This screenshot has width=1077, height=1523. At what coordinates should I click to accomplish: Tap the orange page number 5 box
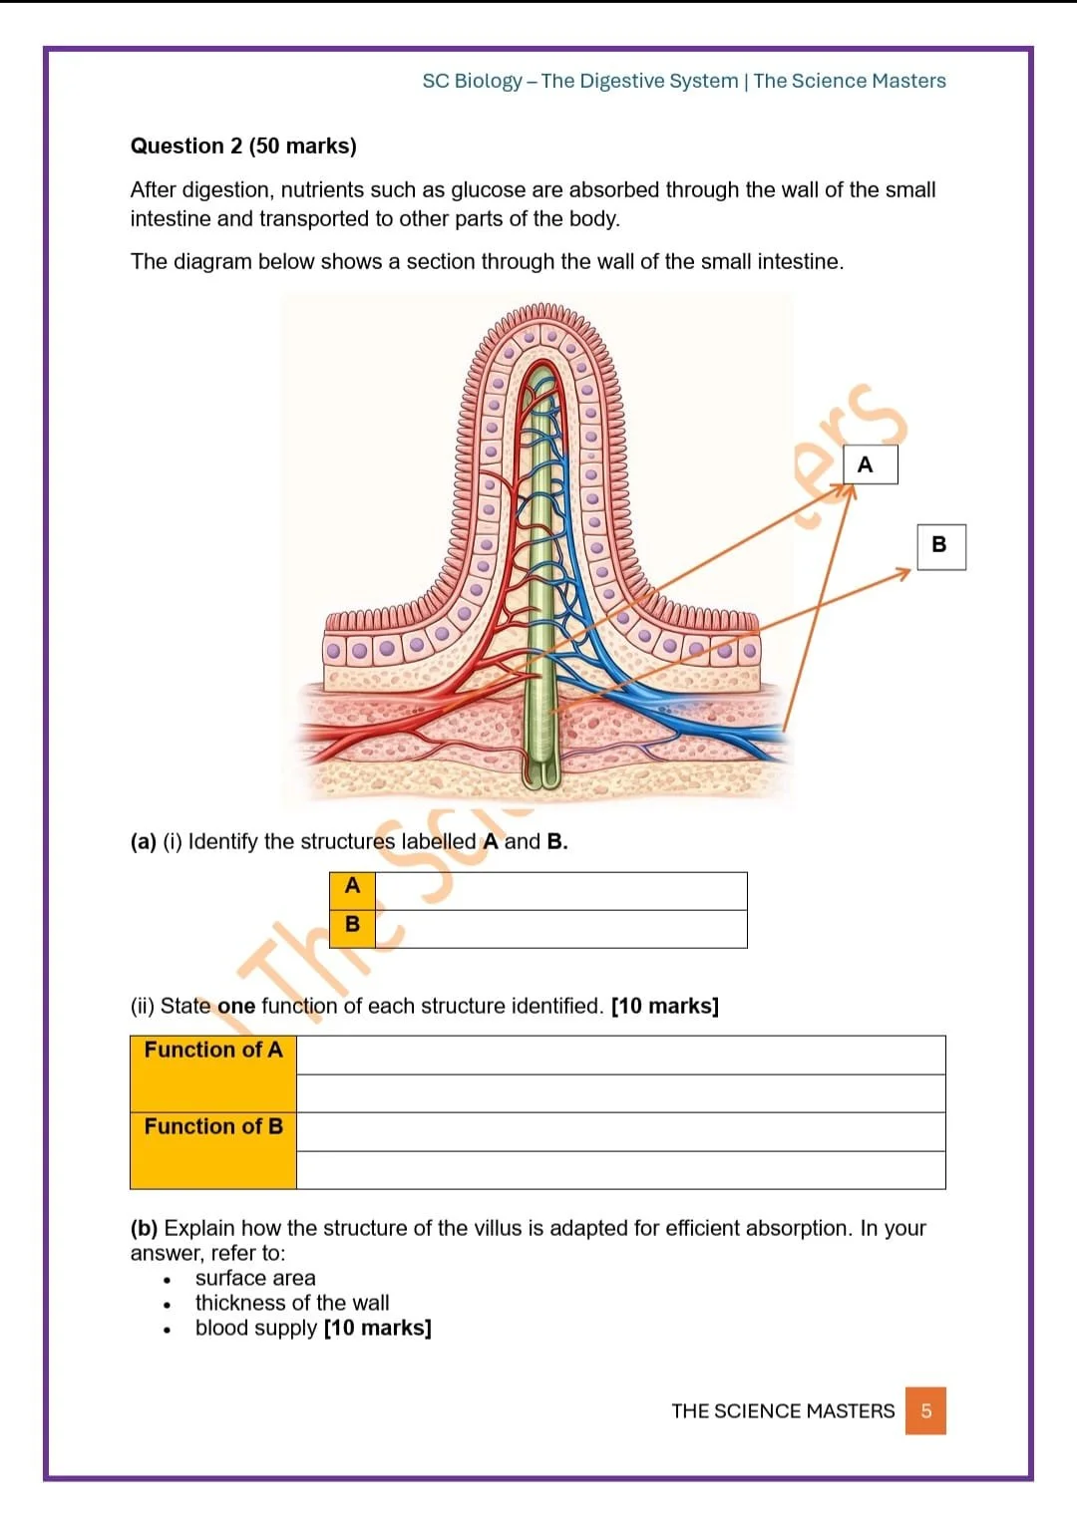click(925, 1410)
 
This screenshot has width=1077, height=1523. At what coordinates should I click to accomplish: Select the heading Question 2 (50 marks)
click(243, 146)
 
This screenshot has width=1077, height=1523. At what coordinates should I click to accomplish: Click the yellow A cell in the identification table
click(352, 887)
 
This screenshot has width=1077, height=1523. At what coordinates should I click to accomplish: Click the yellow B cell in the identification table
click(352, 926)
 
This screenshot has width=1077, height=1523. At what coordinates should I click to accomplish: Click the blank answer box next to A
click(560, 890)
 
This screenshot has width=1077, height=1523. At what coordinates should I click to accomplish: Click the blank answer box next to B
click(560, 928)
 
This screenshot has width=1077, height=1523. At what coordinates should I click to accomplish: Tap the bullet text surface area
click(255, 1278)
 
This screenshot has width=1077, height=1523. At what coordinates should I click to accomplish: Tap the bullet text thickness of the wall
click(292, 1303)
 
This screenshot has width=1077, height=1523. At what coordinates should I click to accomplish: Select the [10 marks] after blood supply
click(378, 1328)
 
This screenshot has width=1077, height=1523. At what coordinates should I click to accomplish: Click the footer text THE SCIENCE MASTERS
click(783, 1410)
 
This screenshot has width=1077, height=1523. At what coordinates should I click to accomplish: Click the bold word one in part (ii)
click(236, 1006)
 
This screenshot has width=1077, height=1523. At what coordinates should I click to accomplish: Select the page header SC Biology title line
click(684, 81)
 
